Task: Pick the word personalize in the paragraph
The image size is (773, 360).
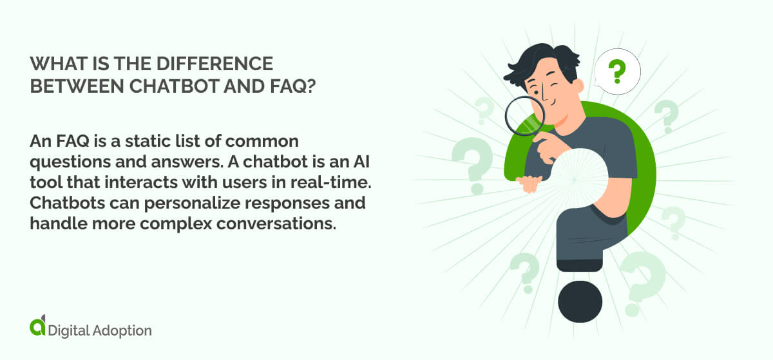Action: click(x=193, y=203)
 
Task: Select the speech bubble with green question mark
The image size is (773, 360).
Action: click(x=616, y=71)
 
